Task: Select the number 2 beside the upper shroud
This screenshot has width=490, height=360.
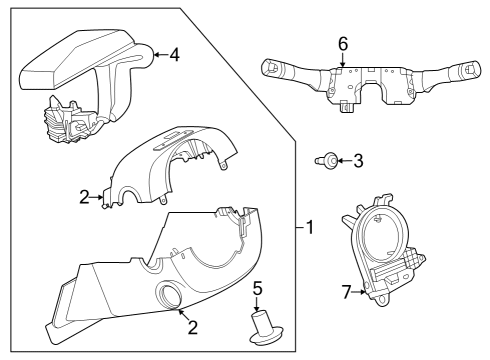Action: [x=85, y=198]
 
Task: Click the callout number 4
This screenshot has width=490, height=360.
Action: [x=175, y=55]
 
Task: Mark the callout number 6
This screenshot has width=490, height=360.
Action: [x=342, y=45]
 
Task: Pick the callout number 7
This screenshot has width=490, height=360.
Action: [x=345, y=292]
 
